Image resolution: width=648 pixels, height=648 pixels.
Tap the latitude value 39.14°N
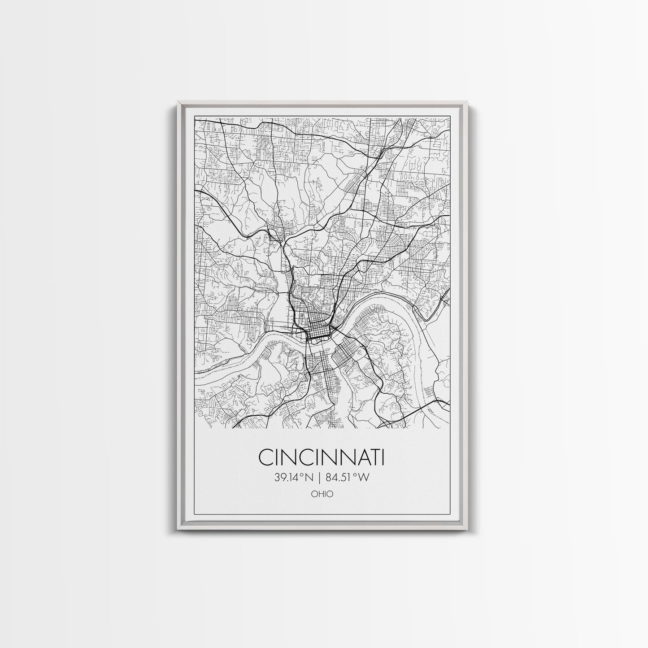coord(294,478)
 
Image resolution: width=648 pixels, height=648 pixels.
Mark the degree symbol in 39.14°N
coord(304,475)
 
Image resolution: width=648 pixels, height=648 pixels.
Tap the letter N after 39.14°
coord(310,478)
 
